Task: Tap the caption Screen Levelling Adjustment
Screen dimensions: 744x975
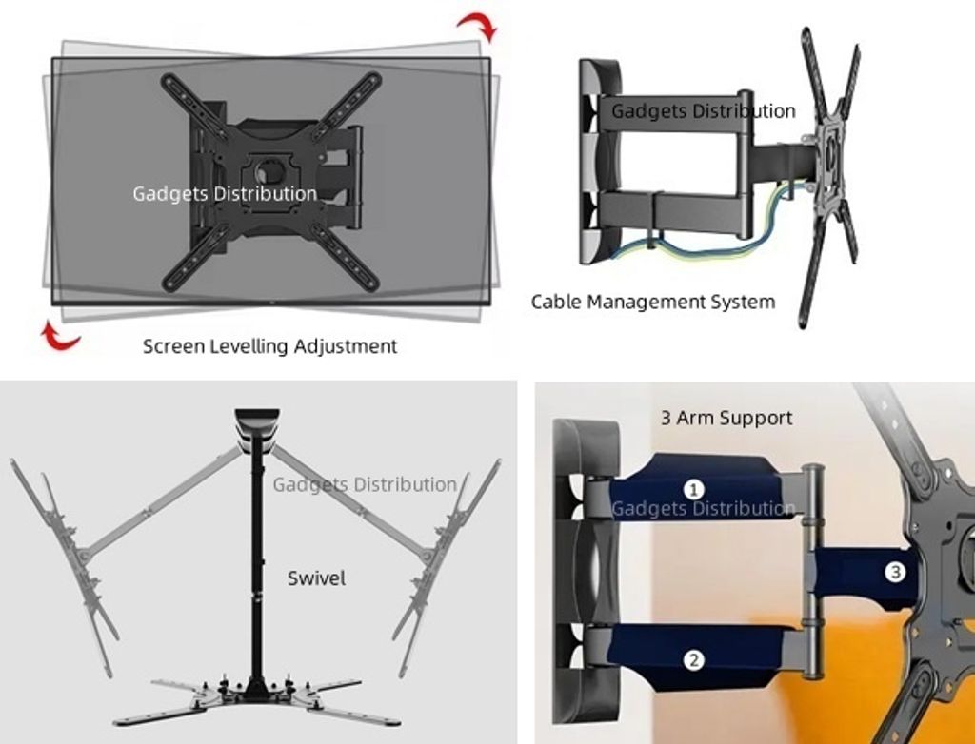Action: click(x=269, y=346)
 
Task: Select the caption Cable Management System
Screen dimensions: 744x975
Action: click(x=652, y=303)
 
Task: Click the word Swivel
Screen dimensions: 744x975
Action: click(x=316, y=578)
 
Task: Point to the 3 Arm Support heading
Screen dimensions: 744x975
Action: click(x=726, y=418)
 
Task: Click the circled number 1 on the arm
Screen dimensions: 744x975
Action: click(x=695, y=489)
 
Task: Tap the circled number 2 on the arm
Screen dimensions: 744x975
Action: click(x=695, y=658)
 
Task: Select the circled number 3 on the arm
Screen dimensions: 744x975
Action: click(x=894, y=573)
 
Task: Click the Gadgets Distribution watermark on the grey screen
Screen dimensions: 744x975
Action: click(x=225, y=194)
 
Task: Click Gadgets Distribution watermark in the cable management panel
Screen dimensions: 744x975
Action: click(x=703, y=111)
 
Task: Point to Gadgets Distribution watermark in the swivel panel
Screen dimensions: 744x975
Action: click(x=365, y=484)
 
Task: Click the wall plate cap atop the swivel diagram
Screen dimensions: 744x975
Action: click(x=255, y=420)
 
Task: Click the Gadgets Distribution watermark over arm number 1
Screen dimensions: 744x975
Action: click(x=703, y=509)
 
